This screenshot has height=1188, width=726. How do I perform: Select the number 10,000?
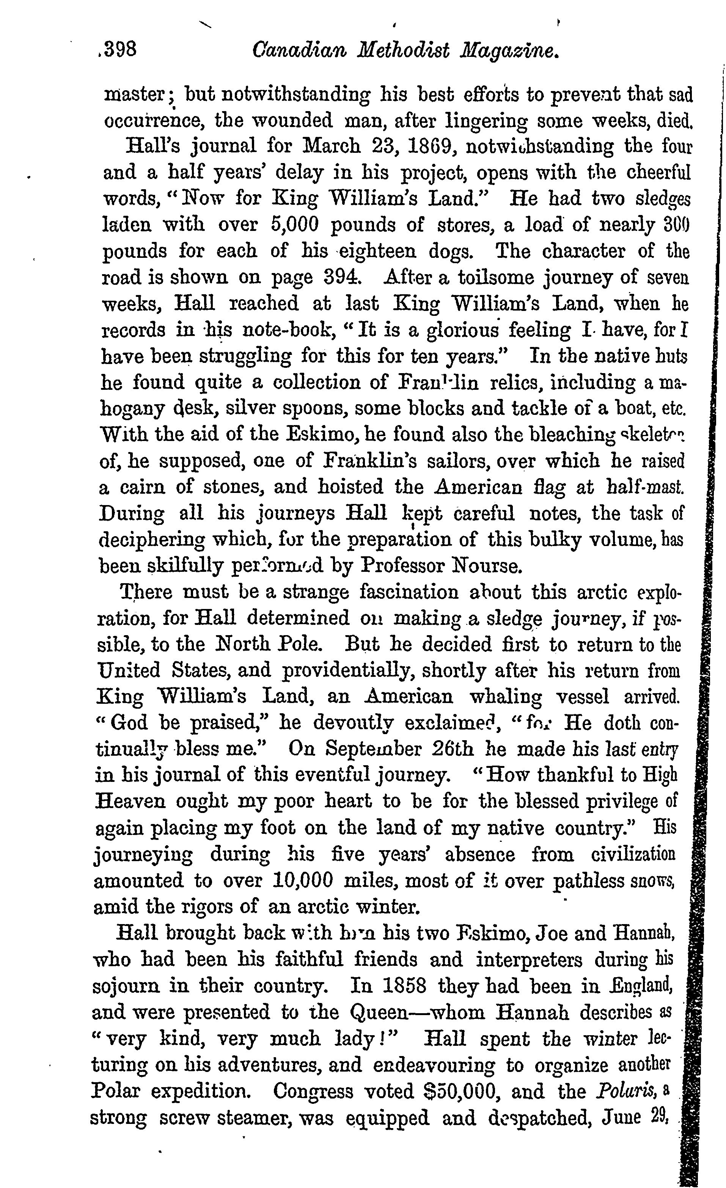[x=302, y=880]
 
